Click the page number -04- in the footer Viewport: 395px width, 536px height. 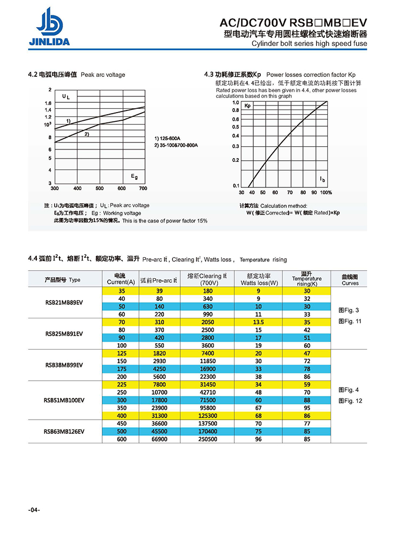pos(34,511)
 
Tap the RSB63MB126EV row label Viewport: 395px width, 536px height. pos(64,431)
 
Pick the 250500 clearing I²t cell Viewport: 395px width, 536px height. pos(208,439)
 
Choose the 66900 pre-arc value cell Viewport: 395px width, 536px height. pos(160,439)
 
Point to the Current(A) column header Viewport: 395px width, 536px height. pos(121,279)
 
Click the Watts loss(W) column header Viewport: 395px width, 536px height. pos(259,279)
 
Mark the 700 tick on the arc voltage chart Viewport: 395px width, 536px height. pos(143,188)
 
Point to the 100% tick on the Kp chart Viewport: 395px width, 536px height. pos(326,192)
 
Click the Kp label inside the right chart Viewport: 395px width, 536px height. pos(248,106)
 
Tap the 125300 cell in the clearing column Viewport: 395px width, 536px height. pos(208,415)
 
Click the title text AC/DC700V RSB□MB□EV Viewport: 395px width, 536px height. pos(293,23)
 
